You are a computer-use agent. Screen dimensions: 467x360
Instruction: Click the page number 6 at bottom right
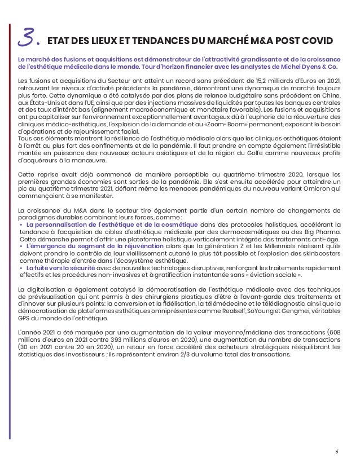click(337, 451)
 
